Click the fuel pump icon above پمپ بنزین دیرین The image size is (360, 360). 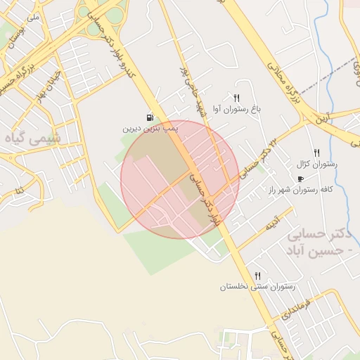pyautogui.click(x=150, y=117)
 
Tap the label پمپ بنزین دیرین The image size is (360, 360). pyautogui.click(x=150, y=129)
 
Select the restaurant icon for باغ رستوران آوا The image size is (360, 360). pyautogui.click(x=237, y=99)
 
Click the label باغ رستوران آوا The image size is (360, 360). pyautogui.click(x=240, y=110)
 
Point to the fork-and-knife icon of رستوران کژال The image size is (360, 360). pyautogui.click(x=316, y=152)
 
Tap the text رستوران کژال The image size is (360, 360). pyautogui.click(x=318, y=163)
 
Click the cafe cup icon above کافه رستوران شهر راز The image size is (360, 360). pyautogui.click(x=301, y=179)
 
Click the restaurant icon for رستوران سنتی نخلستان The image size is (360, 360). pyautogui.click(x=258, y=276)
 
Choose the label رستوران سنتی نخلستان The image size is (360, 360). pyautogui.click(x=257, y=287)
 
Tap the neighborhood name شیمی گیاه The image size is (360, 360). pyautogui.click(x=32, y=139)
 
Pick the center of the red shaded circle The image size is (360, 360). pyautogui.click(x=180, y=179)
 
